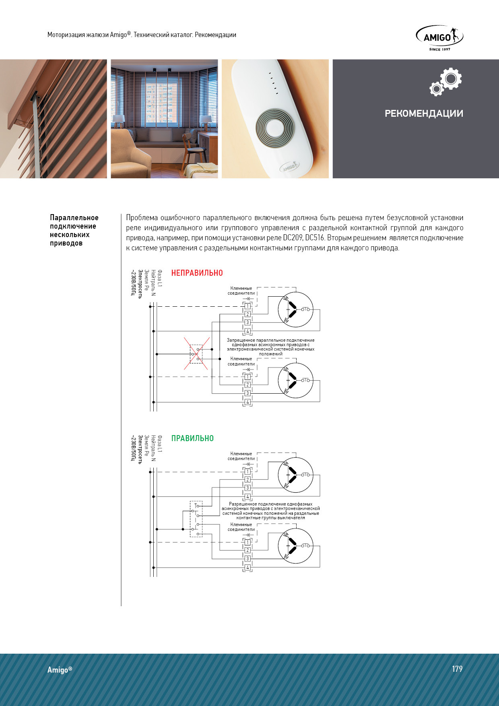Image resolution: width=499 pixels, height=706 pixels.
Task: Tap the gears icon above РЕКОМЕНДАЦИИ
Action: point(445,82)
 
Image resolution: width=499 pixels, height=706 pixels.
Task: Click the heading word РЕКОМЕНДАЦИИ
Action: point(424,114)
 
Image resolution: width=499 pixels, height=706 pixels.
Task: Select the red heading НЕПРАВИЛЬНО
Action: point(197,273)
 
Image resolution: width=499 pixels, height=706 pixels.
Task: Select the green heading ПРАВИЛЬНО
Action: point(192,438)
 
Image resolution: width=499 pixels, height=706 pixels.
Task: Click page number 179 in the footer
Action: point(457,669)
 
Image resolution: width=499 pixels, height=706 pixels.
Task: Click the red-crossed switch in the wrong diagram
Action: point(196,354)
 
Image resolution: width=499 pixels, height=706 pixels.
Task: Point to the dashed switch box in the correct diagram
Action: point(196,519)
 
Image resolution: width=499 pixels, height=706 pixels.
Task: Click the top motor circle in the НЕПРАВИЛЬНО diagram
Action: point(295,309)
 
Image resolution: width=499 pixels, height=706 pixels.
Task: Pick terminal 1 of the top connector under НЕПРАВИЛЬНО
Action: point(247,306)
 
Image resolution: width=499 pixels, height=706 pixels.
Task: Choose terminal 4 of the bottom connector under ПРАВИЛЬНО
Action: point(247,568)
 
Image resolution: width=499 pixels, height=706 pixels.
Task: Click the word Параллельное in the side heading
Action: point(74,218)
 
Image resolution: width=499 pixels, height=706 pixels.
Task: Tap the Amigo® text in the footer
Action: point(60,670)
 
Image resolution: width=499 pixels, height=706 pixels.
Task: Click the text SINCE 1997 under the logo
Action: point(439,50)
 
